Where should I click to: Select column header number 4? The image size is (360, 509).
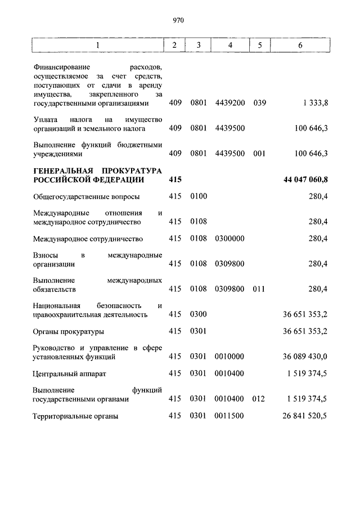point(229,45)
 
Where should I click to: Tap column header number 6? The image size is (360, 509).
point(300,45)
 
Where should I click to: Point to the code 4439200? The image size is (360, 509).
point(229,103)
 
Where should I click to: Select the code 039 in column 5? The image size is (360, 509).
point(259,103)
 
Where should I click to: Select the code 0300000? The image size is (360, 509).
point(229,238)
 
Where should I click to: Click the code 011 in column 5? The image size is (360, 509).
point(259,289)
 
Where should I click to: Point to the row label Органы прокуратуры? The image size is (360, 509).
point(68,331)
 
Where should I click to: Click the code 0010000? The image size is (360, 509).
point(229,357)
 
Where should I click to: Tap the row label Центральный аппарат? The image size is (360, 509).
point(69,373)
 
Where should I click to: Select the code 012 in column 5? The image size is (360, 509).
point(259,399)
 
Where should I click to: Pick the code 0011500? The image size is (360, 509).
point(229,416)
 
